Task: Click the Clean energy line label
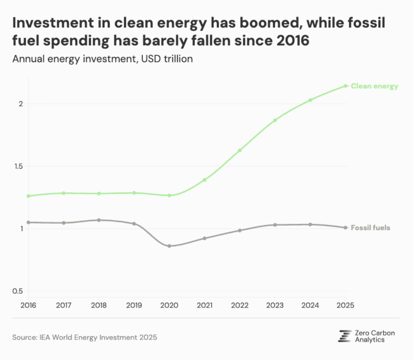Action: point(374,86)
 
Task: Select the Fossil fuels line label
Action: point(370,228)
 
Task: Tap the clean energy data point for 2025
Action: point(345,86)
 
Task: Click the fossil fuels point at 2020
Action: point(169,246)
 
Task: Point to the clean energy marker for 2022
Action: point(240,150)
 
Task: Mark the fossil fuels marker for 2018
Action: point(99,220)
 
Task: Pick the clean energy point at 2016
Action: point(28,196)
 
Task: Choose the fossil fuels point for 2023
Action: point(275,225)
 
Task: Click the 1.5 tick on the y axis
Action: point(18,166)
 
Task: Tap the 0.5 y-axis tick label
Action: point(18,291)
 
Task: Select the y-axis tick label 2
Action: point(21,104)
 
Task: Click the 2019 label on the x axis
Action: point(134,305)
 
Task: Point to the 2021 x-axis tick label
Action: point(204,305)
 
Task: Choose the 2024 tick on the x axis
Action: point(310,305)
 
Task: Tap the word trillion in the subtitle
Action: point(178,59)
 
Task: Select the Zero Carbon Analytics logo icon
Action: point(345,336)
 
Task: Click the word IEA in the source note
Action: point(45,338)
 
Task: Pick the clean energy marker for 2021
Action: point(204,180)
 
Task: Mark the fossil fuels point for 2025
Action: point(345,228)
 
